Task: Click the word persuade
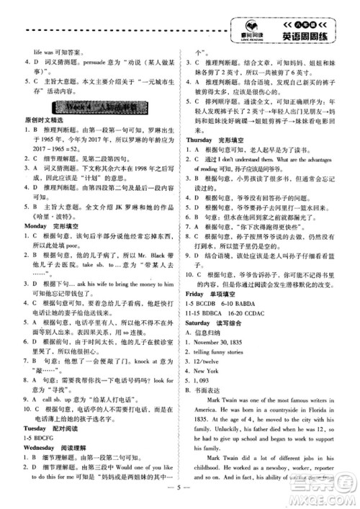click(x=92, y=63)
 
